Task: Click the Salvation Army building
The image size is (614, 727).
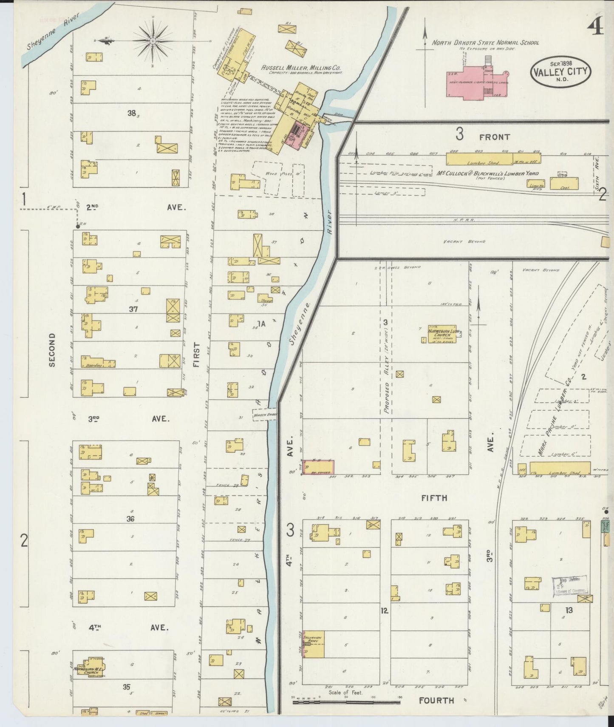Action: [313, 645]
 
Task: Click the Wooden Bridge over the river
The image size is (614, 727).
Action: [265, 415]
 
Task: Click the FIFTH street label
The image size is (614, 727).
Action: [434, 497]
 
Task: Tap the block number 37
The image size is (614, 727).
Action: [134, 310]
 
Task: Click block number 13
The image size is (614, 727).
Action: [569, 610]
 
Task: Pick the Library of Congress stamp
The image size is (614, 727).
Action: [569, 586]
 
